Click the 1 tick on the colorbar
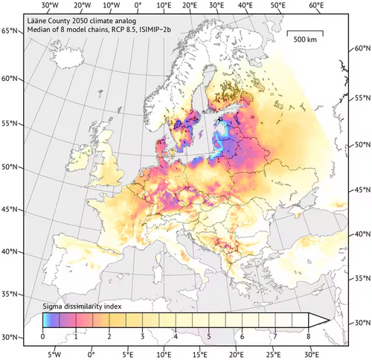tap(76, 335)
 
